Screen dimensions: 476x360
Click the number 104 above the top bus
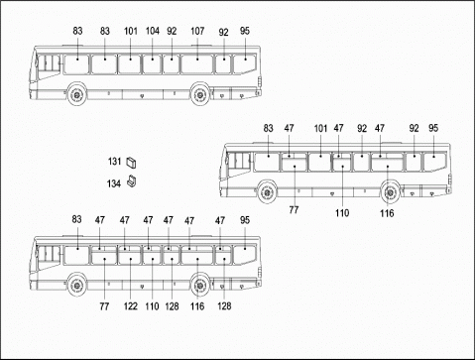pyautogui.click(x=152, y=31)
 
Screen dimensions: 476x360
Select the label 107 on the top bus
pyautogui.click(x=197, y=31)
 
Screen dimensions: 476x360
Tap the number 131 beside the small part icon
pyautogui.click(x=114, y=161)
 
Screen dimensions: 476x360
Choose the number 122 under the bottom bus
pyautogui.click(x=129, y=308)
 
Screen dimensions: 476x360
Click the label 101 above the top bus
pyautogui.click(x=129, y=31)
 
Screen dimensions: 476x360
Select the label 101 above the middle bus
pyautogui.click(x=319, y=128)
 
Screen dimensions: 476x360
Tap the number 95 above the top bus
pyautogui.click(x=244, y=31)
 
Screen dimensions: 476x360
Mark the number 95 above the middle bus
pyautogui.click(x=433, y=128)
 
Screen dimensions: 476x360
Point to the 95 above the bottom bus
pyautogui.click(x=244, y=219)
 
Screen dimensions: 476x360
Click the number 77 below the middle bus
pyautogui.click(x=294, y=211)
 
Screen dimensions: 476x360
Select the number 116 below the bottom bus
pyautogui.click(x=198, y=308)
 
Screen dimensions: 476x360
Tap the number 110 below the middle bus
pyautogui.click(x=341, y=211)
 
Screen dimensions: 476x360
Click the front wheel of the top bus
pyautogui.click(x=75, y=96)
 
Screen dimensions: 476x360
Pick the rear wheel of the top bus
pyautogui.click(x=200, y=96)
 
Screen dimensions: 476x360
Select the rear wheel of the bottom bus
pyautogui.click(x=200, y=286)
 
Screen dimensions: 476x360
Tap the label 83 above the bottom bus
pyautogui.click(x=77, y=219)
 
